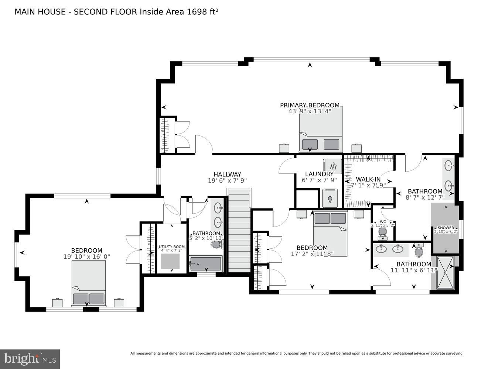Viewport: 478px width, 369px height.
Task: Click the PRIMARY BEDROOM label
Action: (x=310, y=105)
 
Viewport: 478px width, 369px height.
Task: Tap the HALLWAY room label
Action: (x=227, y=174)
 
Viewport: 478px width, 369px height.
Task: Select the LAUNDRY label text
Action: (x=319, y=174)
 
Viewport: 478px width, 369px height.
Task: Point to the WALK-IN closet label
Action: (x=368, y=179)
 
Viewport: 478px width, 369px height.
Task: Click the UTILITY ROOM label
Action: (x=171, y=246)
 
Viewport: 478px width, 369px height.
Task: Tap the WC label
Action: (x=383, y=222)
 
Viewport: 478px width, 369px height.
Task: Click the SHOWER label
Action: (x=445, y=228)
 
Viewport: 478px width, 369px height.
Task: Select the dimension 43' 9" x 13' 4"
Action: (x=310, y=111)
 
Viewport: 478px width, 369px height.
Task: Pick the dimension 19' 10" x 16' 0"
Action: (x=87, y=256)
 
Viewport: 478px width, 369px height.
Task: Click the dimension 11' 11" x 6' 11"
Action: (x=414, y=270)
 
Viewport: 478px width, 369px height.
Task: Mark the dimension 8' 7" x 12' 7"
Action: (x=425, y=197)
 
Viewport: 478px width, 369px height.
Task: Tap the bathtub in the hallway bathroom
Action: (x=205, y=264)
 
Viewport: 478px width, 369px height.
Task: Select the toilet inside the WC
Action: (x=382, y=232)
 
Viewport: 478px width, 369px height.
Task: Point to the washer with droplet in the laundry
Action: (x=330, y=198)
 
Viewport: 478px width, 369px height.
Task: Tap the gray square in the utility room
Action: (x=171, y=261)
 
